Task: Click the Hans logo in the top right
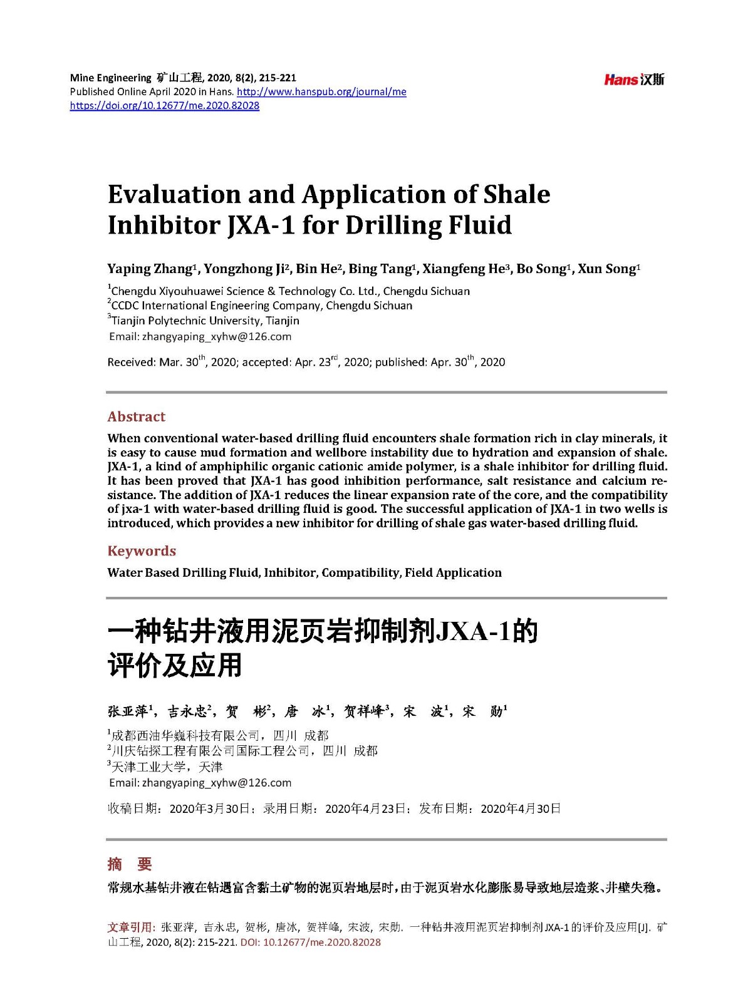point(633,79)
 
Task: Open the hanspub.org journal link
point(322,91)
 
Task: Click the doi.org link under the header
point(164,105)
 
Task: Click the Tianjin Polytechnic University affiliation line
point(205,321)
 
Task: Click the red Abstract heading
point(136,416)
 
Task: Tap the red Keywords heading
point(142,551)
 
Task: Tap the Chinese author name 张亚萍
point(128,711)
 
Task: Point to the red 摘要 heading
point(130,864)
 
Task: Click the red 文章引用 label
point(130,927)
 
